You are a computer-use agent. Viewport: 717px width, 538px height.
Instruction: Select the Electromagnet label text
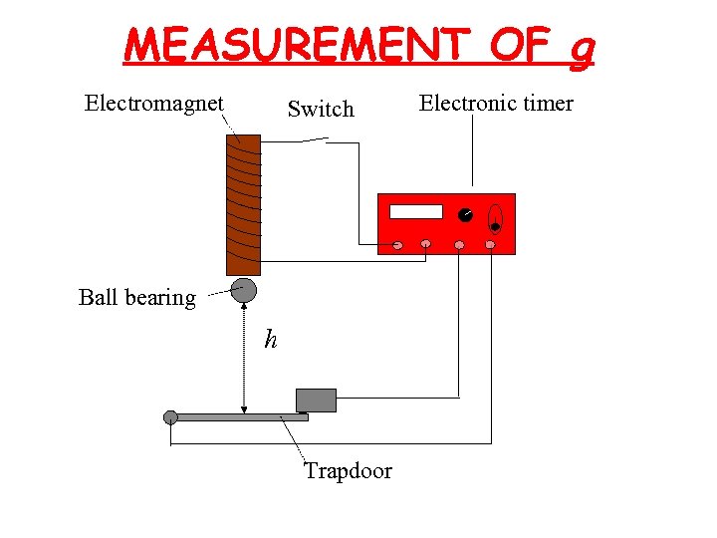click(154, 103)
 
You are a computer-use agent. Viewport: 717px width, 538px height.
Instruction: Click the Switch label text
click(321, 109)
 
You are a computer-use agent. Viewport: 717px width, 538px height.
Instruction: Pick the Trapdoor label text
click(349, 470)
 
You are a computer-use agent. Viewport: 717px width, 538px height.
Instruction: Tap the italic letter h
click(271, 341)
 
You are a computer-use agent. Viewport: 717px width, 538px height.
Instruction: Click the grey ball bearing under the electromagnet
click(244, 290)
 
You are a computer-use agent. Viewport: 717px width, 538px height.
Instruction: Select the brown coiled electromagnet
click(244, 204)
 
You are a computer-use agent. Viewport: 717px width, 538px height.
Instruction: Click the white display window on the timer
click(416, 211)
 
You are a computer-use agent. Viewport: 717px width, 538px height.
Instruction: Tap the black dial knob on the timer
click(465, 215)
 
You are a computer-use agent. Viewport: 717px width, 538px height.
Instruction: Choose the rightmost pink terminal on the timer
click(490, 244)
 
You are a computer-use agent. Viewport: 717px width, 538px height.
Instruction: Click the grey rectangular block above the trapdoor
click(317, 400)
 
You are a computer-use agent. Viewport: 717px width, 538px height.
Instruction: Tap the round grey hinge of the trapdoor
click(170, 416)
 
